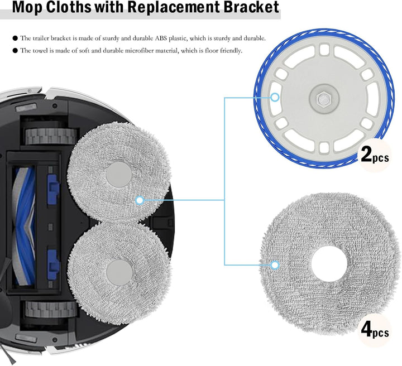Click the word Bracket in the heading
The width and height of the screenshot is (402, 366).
pos(251,7)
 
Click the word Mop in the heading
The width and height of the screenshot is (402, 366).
pos(27,7)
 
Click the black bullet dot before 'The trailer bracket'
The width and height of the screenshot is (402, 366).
pos(15,38)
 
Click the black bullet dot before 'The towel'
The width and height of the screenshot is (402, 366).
pos(15,50)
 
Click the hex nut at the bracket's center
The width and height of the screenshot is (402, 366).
pos(323,98)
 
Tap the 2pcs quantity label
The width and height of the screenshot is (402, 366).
pos(375,155)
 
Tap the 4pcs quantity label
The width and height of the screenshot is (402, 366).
pos(375,330)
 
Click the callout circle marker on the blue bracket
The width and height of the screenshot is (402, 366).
pos(275,97)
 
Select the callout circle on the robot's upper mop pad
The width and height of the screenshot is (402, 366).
pos(140,200)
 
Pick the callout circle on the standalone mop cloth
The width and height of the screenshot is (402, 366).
pos(275,265)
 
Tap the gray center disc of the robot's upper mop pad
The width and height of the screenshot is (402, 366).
pos(119,175)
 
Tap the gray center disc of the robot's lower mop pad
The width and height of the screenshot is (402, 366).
pos(119,272)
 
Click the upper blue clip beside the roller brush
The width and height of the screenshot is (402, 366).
pos(53,189)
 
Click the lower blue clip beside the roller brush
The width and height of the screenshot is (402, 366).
pos(53,264)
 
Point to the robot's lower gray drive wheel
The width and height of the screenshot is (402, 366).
pos(51,309)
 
